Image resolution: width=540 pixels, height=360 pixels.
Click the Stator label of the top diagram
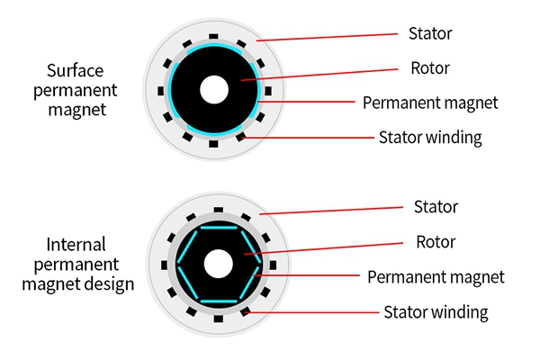pos(431,34)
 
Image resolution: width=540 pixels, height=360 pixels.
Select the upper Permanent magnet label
pos(430,103)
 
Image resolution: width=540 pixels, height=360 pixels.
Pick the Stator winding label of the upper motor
pos(430,138)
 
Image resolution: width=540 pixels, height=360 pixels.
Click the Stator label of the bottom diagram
pos(436,207)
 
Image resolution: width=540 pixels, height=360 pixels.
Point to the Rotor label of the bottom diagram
pos(436,242)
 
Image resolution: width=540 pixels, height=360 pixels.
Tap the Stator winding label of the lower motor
pos(436,312)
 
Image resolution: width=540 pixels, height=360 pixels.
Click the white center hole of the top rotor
pos(214,90)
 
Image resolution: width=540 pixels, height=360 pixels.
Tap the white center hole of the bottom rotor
pos(216,264)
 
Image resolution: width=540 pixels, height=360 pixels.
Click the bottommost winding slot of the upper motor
pos(214,144)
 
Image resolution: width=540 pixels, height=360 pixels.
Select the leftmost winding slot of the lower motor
pos(163,265)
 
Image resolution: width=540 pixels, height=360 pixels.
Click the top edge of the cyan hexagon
pos(216,228)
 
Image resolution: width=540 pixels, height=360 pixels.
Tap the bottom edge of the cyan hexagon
pos(216,301)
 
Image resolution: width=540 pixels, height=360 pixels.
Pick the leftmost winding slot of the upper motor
pos(160,90)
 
